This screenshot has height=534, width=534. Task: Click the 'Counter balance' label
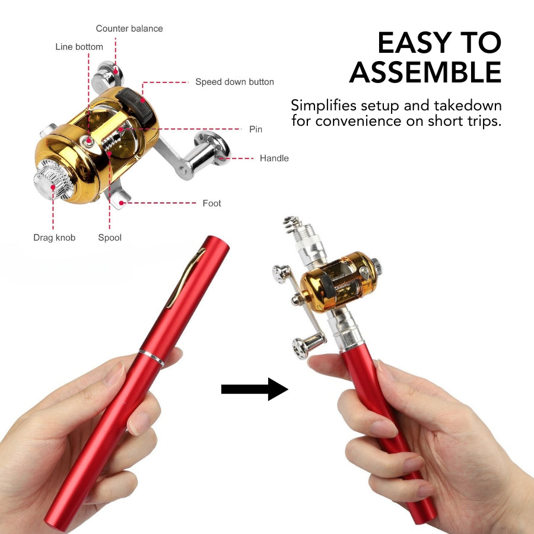(x=129, y=28)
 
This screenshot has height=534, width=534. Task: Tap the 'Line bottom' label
(x=79, y=47)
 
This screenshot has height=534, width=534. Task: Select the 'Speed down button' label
(x=234, y=82)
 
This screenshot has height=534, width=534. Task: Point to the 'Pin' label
(x=255, y=129)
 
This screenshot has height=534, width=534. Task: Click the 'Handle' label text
(x=274, y=158)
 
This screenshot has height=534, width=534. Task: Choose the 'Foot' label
(x=211, y=204)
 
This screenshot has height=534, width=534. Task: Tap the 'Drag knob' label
(x=54, y=238)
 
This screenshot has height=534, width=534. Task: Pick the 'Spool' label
(x=110, y=238)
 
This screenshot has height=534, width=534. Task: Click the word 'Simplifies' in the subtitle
(x=323, y=106)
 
